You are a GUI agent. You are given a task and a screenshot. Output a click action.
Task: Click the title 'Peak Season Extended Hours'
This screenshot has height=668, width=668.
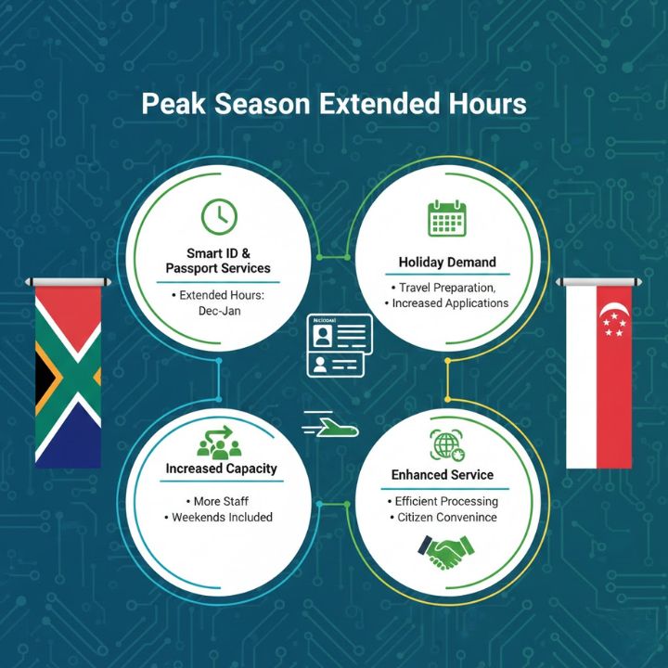coord(334,103)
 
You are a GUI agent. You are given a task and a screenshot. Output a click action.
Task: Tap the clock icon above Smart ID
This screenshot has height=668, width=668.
coord(219,216)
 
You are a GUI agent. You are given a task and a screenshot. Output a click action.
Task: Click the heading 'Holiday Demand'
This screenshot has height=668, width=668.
coord(447,262)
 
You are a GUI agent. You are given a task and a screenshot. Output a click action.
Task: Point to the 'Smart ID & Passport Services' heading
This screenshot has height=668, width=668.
coord(219,260)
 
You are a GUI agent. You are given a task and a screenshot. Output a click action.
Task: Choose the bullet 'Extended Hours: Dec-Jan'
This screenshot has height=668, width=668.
coord(219,303)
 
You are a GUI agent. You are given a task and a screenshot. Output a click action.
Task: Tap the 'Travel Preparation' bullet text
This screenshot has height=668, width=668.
coord(448,288)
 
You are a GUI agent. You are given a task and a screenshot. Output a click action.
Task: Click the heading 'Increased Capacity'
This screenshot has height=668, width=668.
coord(221,469)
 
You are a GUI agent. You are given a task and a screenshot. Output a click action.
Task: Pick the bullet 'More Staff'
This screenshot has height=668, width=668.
coord(221,501)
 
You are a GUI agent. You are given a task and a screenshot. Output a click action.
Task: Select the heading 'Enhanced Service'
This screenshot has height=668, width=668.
coord(443,475)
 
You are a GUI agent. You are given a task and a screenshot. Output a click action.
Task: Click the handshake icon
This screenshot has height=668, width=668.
coord(443,555)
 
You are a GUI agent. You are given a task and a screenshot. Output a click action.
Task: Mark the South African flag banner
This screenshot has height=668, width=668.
coord(68,371)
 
